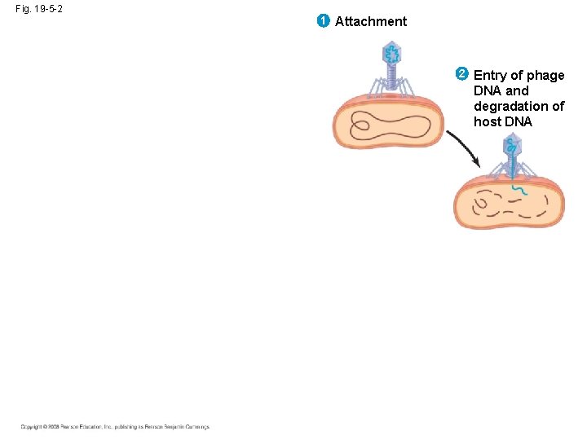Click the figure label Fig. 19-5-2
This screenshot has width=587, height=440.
pos(39,8)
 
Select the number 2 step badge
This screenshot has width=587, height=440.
pos(461,74)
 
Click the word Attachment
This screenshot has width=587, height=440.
pos(371,21)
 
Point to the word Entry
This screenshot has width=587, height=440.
pos(491,75)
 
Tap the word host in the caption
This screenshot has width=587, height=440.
pos(488,121)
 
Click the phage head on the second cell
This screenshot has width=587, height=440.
pos(511,147)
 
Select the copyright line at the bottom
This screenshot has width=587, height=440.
pos(115,427)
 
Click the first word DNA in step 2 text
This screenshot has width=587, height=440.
pos(488,90)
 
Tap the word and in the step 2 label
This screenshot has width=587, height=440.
pos(518,90)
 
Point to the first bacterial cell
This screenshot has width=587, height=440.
pos(389,122)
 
